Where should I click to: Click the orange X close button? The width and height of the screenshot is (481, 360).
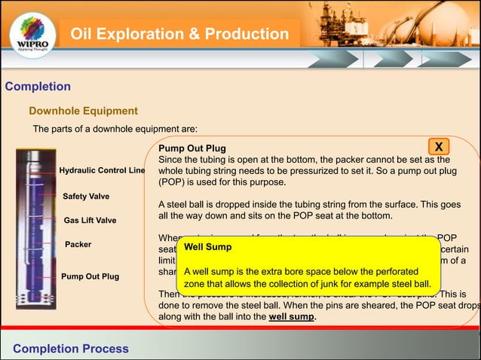coord(439,145)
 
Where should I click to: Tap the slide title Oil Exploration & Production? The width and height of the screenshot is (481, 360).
coord(179,35)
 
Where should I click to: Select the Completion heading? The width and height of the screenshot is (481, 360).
coord(38,87)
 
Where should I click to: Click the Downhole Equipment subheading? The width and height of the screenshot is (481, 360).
coord(83,111)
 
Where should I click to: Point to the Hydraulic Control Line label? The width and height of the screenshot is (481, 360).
coord(102,171)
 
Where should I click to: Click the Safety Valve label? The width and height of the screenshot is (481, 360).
coord(86,197)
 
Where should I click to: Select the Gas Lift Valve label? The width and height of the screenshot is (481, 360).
coord(90,221)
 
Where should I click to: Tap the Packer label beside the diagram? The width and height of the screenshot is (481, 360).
coord(78,245)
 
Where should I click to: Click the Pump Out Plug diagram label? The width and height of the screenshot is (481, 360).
coord(90,276)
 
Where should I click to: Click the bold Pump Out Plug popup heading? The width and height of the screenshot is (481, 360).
coord(191,148)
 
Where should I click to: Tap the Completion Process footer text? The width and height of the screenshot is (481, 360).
coord(71,349)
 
